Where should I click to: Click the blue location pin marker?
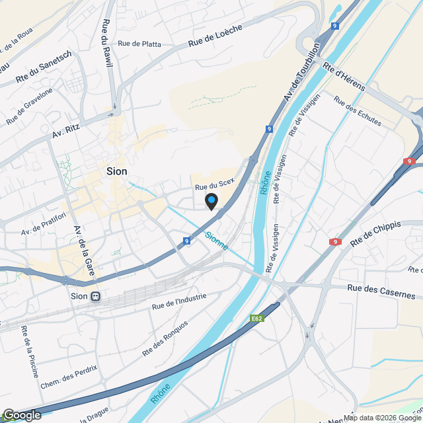tap(211, 201)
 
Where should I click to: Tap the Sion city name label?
tap(117, 171)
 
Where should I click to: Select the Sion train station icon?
tap(96, 296)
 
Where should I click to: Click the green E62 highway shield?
tap(257, 319)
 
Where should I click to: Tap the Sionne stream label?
tap(216, 241)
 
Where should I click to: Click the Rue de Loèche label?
tap(215, 35)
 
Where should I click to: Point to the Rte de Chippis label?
tap(375, 234)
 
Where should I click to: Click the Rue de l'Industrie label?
tap(179, 301)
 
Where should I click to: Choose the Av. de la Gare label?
tap(83, 252)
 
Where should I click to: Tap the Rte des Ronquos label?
tap(165, 338)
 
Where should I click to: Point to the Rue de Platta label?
tap(139, 44)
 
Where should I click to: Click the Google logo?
tap(22, 415)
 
